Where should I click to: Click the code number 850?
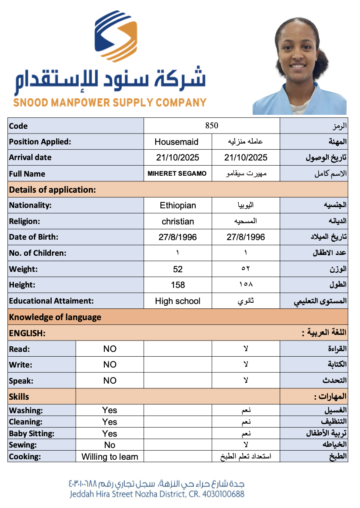(212, 126)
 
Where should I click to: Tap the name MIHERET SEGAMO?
(177, 174)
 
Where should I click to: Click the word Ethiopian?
(178, 205)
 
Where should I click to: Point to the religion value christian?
(178, 221)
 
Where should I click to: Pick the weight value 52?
(178, 269)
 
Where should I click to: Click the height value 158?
(178, 285)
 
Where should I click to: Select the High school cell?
(178, 301)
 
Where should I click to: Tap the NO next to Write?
(110, 364)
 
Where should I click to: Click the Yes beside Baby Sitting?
(110, 434)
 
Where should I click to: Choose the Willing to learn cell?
(110, 457)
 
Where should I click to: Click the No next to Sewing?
(110, 445)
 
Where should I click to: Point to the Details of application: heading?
(52, 190)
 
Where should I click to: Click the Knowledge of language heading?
(55, 317)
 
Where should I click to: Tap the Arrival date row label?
(30, 157)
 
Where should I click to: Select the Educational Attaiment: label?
(51, 301)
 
